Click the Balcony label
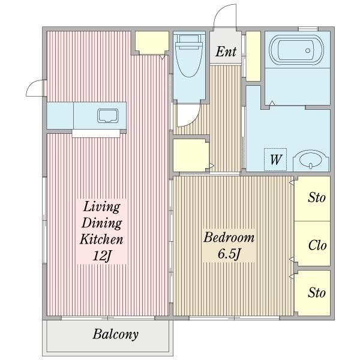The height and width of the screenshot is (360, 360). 115,335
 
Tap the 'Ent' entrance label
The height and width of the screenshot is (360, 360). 226,52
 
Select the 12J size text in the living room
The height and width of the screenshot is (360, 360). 102,256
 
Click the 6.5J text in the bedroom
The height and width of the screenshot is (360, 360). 229,254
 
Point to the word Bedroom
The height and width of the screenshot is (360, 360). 229,238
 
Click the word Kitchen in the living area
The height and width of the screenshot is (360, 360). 101,239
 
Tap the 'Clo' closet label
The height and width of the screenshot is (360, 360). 317,245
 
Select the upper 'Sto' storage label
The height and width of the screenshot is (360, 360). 317,197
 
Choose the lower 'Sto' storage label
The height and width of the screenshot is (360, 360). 317,293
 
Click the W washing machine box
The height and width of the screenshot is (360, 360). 275,160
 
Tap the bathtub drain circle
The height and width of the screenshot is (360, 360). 308,50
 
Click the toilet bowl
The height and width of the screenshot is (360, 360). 189,56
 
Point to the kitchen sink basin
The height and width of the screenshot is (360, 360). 108,116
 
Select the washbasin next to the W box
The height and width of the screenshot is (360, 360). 311,160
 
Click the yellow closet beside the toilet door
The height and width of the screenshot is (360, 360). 191,155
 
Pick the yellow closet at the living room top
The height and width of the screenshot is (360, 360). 152,43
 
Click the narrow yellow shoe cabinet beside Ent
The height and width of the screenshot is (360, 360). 253,56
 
